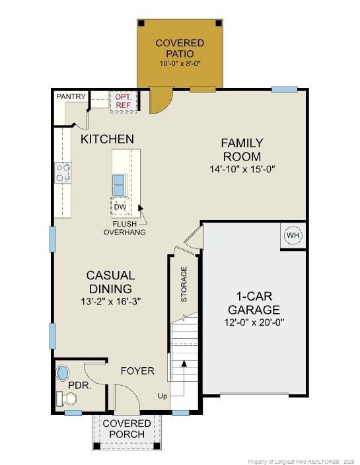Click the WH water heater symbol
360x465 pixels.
(x=293, y=235)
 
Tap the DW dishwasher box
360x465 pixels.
(x=120, y=207)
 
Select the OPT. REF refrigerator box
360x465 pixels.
(x=124, y=100)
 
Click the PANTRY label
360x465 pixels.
(x=71, y=96)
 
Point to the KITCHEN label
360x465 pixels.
(x=107, y=139)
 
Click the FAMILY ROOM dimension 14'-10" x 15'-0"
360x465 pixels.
(x=242, y=169)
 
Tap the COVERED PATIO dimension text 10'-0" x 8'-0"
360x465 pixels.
(x=180, y=63)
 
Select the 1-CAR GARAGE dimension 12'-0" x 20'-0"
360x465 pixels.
(x=254, y=323)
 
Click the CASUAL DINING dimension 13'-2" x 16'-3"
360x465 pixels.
(x=110, y=301)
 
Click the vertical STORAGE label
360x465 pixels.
(x=184, y=284)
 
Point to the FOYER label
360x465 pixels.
(x=137, y=371)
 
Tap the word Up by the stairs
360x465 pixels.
(x=162, y=396)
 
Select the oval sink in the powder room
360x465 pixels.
(x=63, y=371)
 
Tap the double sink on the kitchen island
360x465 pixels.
(x=120, y=186)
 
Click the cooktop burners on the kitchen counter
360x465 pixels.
(x=64, y=172)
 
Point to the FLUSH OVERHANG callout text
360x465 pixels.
(x=124, y=228)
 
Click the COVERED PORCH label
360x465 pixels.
(x=126, y=428)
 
